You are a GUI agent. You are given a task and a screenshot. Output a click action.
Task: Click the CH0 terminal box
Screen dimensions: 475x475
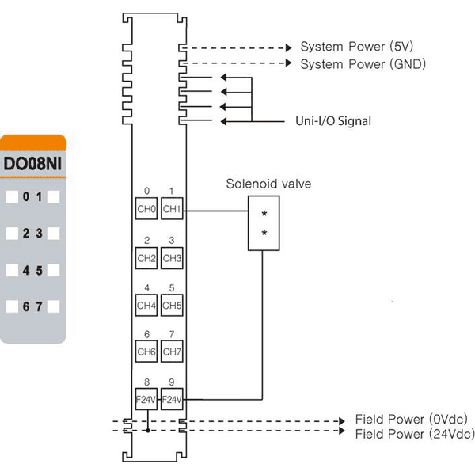tap(146, 208)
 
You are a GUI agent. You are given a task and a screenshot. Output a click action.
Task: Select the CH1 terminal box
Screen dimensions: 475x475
tap(172, 208)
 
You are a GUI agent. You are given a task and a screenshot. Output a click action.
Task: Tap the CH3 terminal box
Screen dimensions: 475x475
tap(172, 258)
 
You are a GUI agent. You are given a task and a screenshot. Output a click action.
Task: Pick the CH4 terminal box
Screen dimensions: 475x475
tap(146, 305)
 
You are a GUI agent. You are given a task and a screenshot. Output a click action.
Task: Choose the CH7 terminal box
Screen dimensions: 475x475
tap(172, 351)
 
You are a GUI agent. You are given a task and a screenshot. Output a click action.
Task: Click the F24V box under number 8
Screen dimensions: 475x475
tap(146, 399)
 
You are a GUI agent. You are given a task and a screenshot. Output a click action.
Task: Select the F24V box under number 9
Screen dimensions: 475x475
tap(172, 399)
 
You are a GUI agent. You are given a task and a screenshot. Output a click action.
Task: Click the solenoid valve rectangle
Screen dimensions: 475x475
tap(264, 223)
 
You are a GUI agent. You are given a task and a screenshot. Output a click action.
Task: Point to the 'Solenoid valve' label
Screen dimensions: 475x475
tap(268, 184)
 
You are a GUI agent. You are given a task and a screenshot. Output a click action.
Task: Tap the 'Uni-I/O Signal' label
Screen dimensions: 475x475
tap(333, 121)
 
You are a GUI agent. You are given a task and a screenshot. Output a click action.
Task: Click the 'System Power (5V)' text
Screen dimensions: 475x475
tap(356, 47)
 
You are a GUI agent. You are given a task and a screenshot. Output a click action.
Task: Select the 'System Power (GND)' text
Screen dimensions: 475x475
tap(363, 64)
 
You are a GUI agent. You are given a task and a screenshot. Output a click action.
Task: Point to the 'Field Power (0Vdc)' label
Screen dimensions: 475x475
tap(412, 420)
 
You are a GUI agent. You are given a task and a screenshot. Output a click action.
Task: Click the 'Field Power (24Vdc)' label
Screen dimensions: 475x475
tap(415, 434)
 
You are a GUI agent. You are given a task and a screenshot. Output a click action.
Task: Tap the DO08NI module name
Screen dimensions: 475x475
tap(32, 164)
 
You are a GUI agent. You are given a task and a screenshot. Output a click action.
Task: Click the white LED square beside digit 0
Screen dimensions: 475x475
tap(12, 197)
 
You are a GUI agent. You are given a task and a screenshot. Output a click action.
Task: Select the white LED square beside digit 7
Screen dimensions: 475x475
tap(54, 306)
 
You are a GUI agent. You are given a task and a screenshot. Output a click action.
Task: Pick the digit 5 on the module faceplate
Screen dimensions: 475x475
tap(39, 271)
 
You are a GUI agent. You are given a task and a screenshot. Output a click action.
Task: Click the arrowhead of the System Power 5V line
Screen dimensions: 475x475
tap(289, 47)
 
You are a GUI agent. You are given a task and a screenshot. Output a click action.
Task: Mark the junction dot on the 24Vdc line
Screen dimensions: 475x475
tap(148, 431)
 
